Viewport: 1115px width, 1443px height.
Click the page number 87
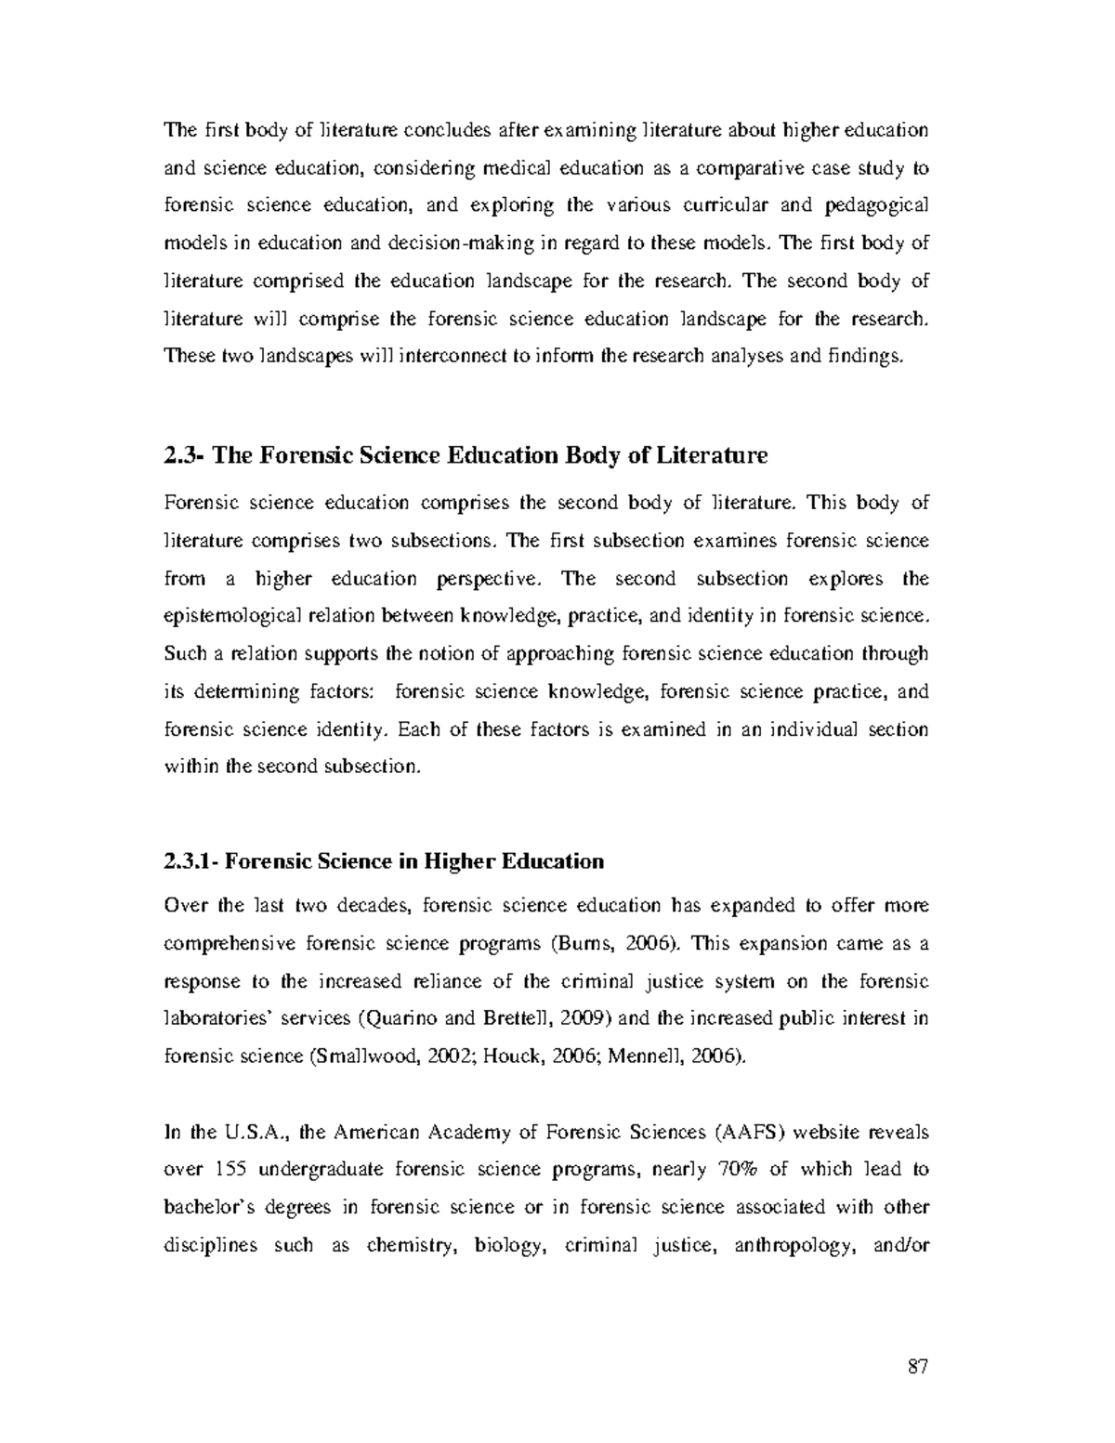[x=918, y=1367]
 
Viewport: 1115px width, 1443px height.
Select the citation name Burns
[x=573, y=943]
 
